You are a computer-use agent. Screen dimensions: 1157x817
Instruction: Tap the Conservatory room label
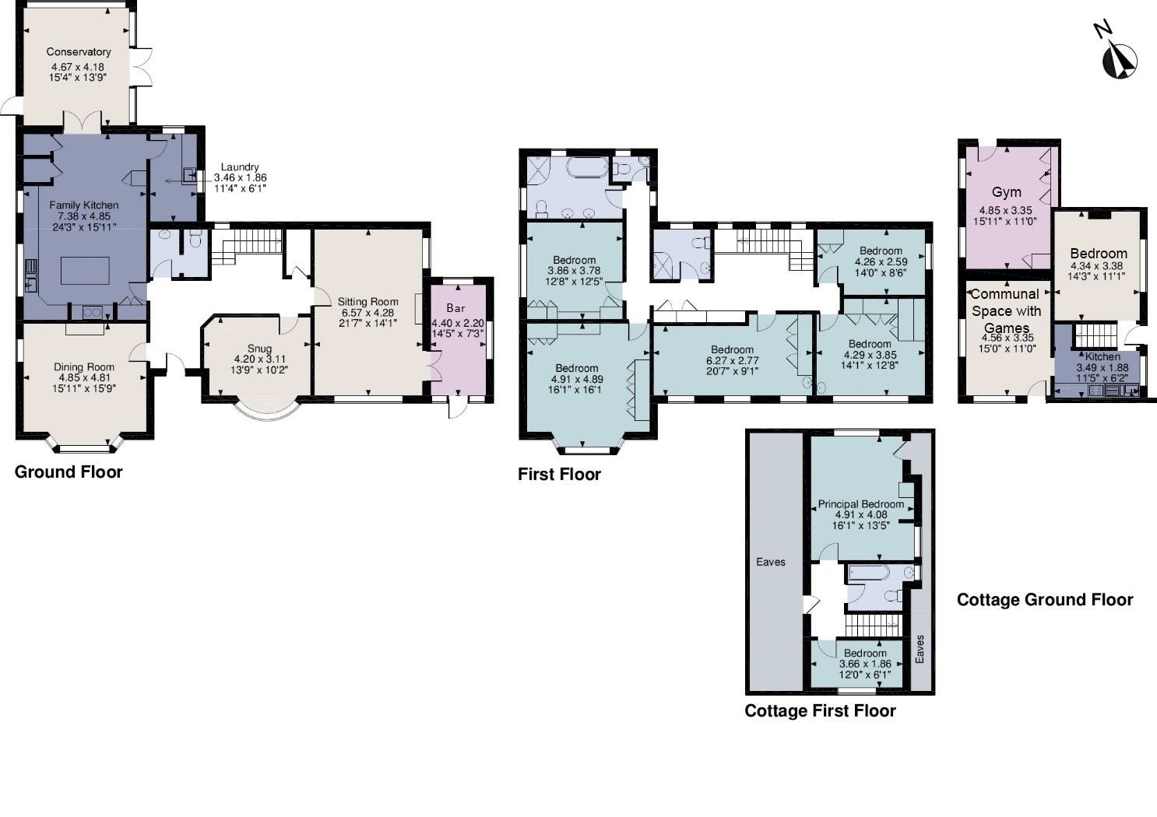click(x=79, y=51)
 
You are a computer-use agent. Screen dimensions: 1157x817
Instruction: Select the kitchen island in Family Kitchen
click(x=85, y=271)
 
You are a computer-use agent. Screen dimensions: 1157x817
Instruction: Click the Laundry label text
click(x=240, y=167)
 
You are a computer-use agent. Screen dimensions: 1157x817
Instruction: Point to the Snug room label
click(x=259, y=349)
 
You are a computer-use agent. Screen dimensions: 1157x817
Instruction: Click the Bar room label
click(x=456, y=308)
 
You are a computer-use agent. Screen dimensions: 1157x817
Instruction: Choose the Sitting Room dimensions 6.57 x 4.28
click(x=367, y=313)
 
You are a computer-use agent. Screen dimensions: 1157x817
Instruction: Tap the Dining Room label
click(x=84, y=367)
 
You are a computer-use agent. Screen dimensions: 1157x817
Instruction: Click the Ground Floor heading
click(x=69, y=472)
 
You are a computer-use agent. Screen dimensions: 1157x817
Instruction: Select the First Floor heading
click(x=559, y=475)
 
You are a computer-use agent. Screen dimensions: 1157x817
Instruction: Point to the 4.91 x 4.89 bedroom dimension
click(x=577, y=379)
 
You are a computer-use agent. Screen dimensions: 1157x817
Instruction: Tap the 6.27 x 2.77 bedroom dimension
click(x=733, y=360)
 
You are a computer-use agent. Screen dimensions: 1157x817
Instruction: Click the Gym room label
click(x=1007, y=192)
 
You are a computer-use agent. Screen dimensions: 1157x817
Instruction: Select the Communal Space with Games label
click(x=1006, y=310)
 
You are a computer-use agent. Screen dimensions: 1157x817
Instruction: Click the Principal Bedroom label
click(x=861, y=503)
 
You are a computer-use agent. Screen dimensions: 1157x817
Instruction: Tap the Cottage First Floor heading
click(x=820, y=710)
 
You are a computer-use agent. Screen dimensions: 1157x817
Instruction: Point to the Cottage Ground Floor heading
click(x=1045, y=600)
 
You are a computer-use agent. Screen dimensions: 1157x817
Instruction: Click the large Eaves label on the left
click(x=771, y=562)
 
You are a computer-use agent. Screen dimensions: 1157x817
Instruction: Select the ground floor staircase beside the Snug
click(x=247, y=247)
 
